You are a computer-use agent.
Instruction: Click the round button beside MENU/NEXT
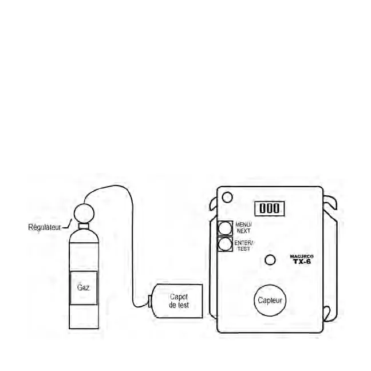[225, 228]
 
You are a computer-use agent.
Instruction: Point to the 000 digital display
[270, 208]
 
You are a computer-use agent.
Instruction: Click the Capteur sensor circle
[269, 299]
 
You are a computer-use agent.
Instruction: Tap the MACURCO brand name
[300, 256]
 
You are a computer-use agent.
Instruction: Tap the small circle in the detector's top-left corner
[226, 198]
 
